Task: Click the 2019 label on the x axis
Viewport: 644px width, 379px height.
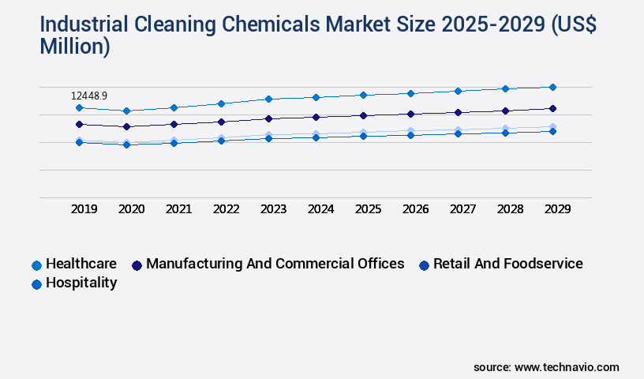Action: pos(84,209)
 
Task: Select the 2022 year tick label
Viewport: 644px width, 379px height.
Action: pos(226,209)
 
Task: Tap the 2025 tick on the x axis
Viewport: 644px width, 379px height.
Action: pos(368,209)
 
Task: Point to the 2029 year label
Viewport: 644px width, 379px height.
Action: pos(557,209)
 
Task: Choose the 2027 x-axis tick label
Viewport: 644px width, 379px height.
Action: pos(462,209)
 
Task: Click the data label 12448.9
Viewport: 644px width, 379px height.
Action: pos(89,96)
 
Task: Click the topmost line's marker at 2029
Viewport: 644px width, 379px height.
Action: pos(552,87)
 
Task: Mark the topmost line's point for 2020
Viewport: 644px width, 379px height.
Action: pos(126,111)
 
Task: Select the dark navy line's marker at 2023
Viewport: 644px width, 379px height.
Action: pos(268,118)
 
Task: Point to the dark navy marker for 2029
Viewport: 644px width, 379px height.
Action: pos(552,108)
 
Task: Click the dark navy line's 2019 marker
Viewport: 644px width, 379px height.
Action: pos(79,124)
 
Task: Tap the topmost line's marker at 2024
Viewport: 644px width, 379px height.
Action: pos(316,97)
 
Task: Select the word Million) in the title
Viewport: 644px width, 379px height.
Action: pos(75,47)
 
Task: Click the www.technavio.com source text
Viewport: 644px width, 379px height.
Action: pos(567,367)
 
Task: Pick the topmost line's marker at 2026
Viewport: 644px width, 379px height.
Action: pos(410,93)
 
